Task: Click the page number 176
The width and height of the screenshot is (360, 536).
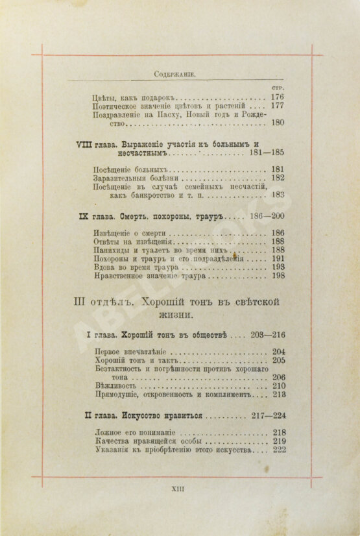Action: tap(278, 97)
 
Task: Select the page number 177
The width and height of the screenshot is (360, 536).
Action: tap(278, 106)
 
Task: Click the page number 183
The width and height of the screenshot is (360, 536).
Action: tap(278, 194)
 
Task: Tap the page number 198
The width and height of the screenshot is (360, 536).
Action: tap(278, 276)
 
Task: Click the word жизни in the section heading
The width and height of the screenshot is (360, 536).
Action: tap(179, 315)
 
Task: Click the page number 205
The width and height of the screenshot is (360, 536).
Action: tap(278, 360)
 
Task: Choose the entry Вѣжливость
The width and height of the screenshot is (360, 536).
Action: tap(115, 385)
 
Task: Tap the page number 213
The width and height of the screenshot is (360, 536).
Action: tap(278, 394)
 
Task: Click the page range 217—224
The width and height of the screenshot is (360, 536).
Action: tap(265, 416)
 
